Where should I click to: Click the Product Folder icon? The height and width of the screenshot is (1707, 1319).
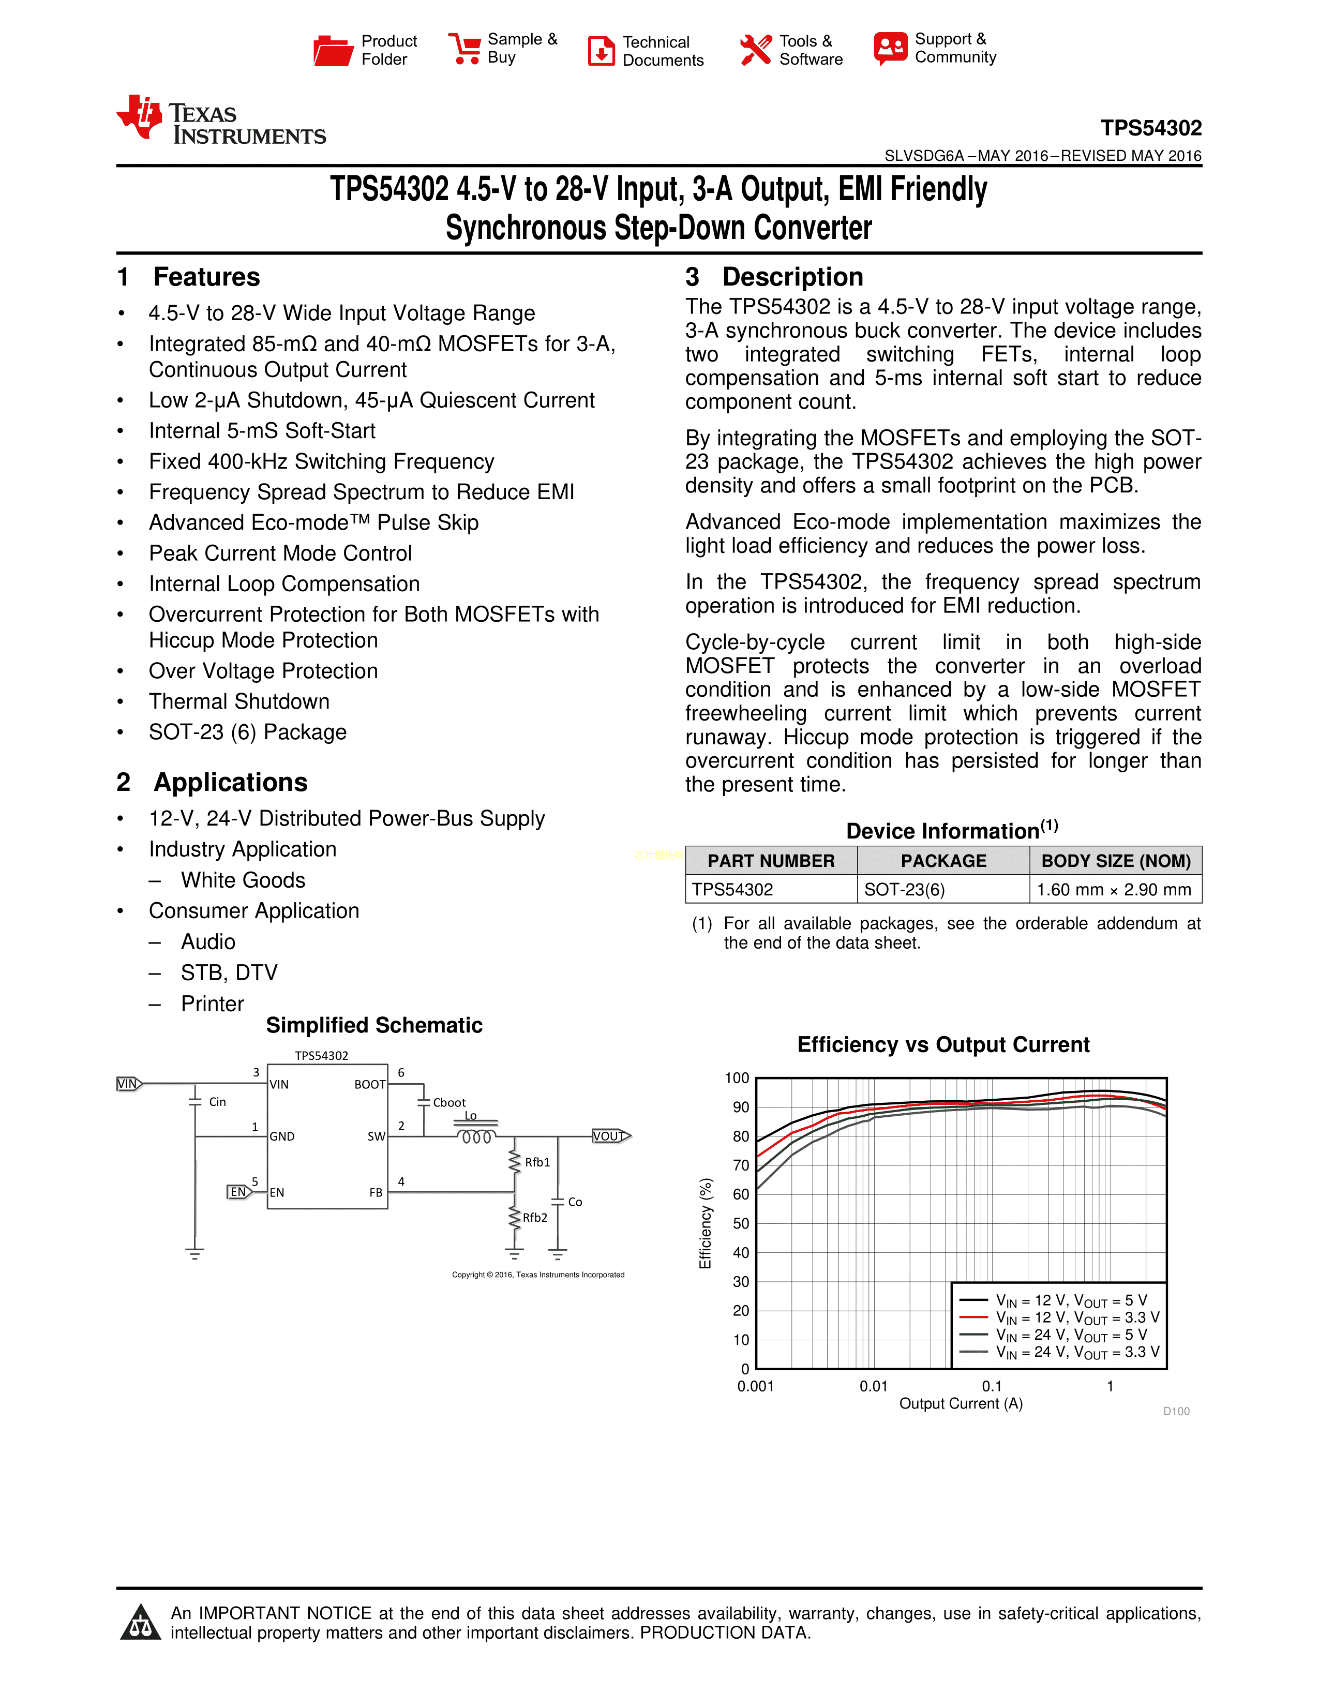[333, 51]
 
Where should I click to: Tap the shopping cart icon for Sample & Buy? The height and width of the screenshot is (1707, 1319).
[465, 49]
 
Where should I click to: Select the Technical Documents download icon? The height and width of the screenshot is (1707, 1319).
[601, 51]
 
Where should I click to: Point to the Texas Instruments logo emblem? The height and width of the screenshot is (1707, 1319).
[140, 117]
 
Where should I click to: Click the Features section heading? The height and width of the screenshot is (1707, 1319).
[206, 277]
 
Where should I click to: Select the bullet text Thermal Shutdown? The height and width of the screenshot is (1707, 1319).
[239, 701]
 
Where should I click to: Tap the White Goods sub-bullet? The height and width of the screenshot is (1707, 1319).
[243, 880]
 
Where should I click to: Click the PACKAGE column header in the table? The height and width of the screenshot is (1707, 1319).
[943, 861]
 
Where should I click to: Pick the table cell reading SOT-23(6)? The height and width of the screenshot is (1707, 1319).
[904, 890]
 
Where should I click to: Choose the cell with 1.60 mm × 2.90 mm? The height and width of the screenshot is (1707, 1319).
[1114, 890]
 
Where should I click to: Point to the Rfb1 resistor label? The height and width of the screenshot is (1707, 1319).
[537, 1162]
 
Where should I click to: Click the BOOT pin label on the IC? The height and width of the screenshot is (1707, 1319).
[370, 1085]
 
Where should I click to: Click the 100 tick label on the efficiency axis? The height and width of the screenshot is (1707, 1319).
[737, 1079]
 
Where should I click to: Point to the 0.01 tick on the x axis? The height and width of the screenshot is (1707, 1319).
[874, 1386]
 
